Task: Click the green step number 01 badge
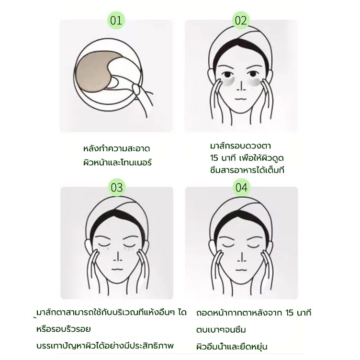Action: [116, 20]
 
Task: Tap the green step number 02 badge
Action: [241, 20]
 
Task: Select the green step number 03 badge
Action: [117, 187]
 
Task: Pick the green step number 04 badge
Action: [242, 187]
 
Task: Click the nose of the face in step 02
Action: [241, 86]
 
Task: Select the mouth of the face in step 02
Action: [241, 99]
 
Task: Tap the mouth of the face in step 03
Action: [117, 269]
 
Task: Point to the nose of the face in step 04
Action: [242, 257]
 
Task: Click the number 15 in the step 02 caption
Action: [214, 158]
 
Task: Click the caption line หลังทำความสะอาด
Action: [117, 148]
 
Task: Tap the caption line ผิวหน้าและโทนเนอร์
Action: [117, 162]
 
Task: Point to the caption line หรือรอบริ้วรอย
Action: [64, 329]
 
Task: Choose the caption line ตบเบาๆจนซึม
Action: [221, 330]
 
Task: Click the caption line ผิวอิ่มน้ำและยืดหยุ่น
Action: [232, 347]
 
